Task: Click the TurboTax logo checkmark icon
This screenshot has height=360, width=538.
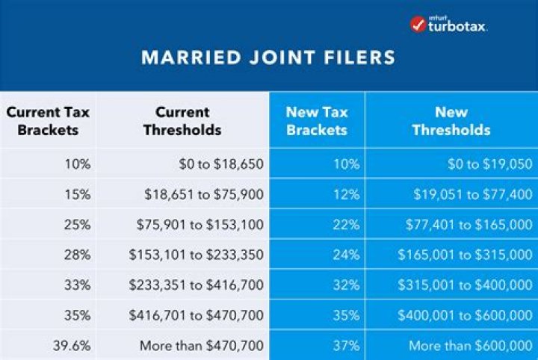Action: pos(418,24)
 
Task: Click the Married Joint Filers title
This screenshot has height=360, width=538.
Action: pos(268,58)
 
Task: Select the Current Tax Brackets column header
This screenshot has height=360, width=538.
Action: pos(48,120)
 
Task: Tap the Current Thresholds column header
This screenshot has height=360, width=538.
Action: pos(182,120)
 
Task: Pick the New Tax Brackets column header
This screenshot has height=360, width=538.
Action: pos(317,120)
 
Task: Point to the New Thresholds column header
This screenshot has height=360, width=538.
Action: pos(451,120)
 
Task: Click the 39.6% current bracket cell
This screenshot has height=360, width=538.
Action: pos(73,346)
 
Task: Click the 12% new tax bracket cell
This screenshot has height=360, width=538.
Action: pos(348,194)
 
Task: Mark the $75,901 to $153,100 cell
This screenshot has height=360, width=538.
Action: pos(200,224)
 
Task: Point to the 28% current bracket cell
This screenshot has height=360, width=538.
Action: pos(78,255)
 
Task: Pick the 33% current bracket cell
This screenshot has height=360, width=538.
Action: pos(78,285)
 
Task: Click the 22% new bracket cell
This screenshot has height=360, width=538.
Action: pos(348,224)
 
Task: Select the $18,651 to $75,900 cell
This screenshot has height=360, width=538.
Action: pos(204,194)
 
